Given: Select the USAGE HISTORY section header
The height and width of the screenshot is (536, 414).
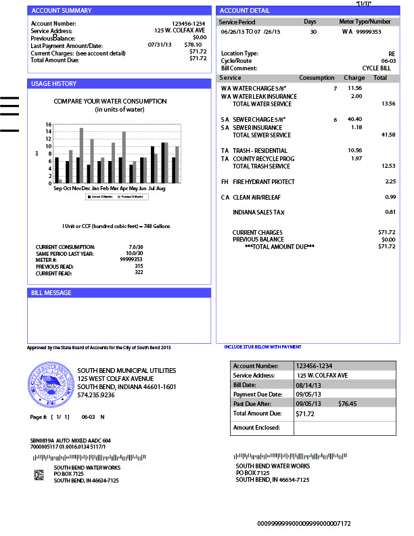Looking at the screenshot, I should pos(54,84).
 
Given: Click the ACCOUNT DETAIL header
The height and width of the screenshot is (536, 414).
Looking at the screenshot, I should pos(245,11).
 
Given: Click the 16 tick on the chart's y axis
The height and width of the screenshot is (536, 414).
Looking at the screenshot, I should pos(49,125).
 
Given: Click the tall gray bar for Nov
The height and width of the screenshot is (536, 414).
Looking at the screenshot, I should pos(81,155).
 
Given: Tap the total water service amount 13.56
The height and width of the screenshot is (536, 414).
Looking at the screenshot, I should pos(388,104).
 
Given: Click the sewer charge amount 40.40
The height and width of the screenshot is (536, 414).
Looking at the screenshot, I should pos(354,119).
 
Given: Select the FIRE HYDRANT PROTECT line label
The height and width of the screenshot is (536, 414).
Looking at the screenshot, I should pos(264,181).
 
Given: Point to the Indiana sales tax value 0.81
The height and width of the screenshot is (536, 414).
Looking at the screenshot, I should pos(390,212).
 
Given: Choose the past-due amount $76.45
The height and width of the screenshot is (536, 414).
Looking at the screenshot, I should pos(347,403).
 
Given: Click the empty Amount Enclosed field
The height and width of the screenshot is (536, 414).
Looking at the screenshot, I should pos(344,428).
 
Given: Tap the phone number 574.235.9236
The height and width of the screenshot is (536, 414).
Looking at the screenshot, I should pos(96,395).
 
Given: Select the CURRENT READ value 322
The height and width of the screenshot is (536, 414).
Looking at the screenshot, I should pos(139,272).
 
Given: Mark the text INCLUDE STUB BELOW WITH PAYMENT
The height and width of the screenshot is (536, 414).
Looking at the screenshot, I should pos(262,347).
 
